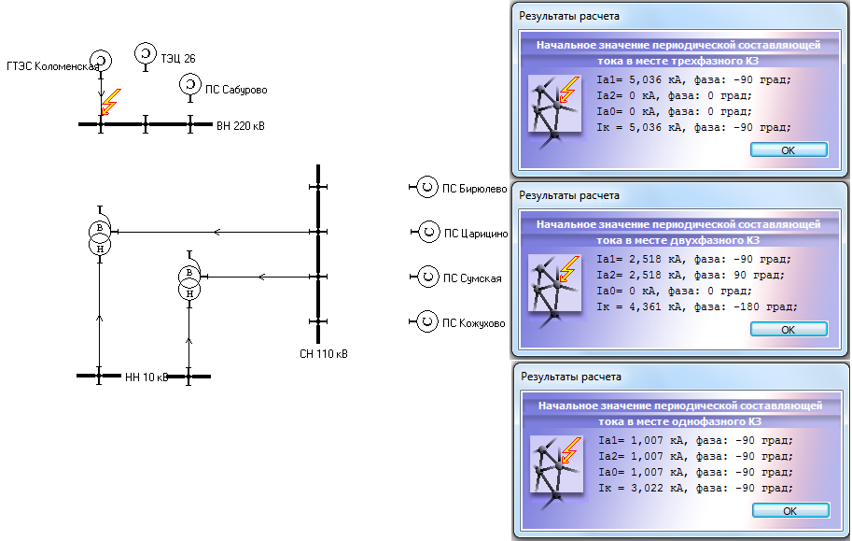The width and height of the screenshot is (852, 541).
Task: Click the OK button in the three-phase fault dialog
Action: (789, 150)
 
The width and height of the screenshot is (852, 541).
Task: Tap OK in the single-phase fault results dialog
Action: (790, 511)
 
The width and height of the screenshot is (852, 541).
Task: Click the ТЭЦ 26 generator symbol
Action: (145, 54)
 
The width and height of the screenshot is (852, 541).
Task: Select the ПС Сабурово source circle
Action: (189, 85)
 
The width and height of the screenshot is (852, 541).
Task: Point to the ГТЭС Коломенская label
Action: (52, 66)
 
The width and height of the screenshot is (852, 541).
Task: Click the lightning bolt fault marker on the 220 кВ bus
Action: (111, 102)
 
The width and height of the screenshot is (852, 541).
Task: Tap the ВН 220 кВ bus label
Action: (241, 126)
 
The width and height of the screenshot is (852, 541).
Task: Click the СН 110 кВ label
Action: (323, 354)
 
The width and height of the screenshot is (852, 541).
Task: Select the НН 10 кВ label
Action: (147, 377)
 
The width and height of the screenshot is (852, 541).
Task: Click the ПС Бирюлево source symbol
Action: (427, 187)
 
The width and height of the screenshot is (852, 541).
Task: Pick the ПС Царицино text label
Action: (476, 234)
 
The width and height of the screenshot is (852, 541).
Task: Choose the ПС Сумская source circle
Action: (427, 277)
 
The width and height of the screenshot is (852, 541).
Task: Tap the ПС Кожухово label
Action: (474, 323)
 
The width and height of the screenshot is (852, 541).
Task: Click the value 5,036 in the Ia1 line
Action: (646, 80)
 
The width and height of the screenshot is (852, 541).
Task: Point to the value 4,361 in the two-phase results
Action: (646, 307)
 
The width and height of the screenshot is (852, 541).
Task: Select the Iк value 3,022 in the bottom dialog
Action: (647, 488)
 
